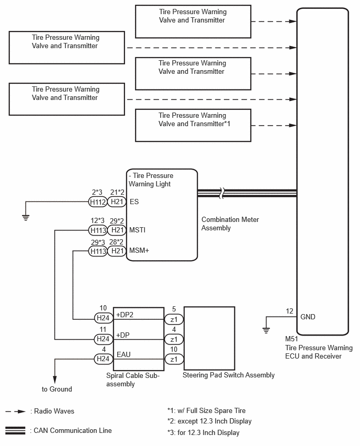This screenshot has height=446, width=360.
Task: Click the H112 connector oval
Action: click(98, 202)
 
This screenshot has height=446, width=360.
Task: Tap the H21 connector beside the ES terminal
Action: click(117, 202)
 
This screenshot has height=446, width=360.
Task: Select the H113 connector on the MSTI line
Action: click(98, 230)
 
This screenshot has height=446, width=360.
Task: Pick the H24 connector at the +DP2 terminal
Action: click(104, 318)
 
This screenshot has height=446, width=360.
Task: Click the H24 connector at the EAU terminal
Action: click(104, 359)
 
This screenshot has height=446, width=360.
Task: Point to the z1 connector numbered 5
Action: click(174, 319)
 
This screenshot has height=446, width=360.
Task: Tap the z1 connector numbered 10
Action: click(174, 359)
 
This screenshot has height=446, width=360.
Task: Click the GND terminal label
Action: click(308, 317)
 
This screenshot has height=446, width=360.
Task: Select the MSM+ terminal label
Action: click(139, 250)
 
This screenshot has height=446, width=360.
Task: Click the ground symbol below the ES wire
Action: click(26, 218)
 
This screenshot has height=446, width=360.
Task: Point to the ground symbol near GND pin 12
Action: click(266, 330)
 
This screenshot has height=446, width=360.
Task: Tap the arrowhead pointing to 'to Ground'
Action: click(54, 380)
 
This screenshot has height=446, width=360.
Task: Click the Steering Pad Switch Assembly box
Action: click(209, 338)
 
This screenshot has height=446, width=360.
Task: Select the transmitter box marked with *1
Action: click(193, 125)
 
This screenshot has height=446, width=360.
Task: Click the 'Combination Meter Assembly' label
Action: click(230, 224)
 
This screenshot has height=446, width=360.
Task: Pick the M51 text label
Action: click(291, 339)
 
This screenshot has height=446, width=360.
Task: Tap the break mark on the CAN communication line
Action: click(222, 193)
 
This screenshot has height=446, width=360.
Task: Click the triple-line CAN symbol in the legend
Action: click(15, 430)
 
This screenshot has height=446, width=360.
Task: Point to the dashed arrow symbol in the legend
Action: click(16, 411)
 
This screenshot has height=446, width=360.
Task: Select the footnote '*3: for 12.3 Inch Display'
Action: click(204, 432)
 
